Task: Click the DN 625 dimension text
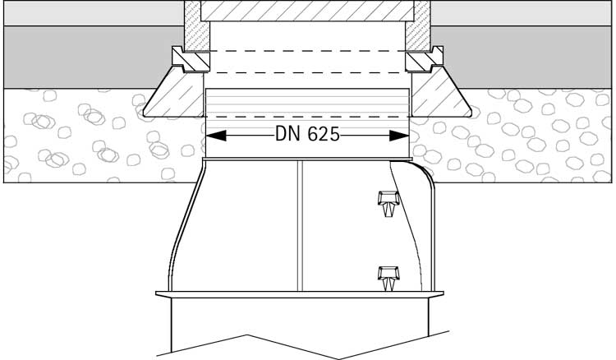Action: click(x=307, y=136)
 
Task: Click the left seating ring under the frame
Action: click(x=186, y=59)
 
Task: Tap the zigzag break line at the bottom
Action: click(x=307, y=345)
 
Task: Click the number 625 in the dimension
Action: click(x=322, y=136)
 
